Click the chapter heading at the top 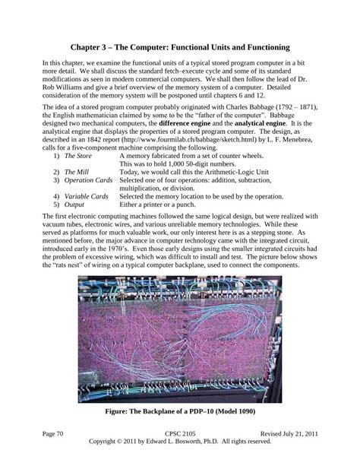[180, 47]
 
